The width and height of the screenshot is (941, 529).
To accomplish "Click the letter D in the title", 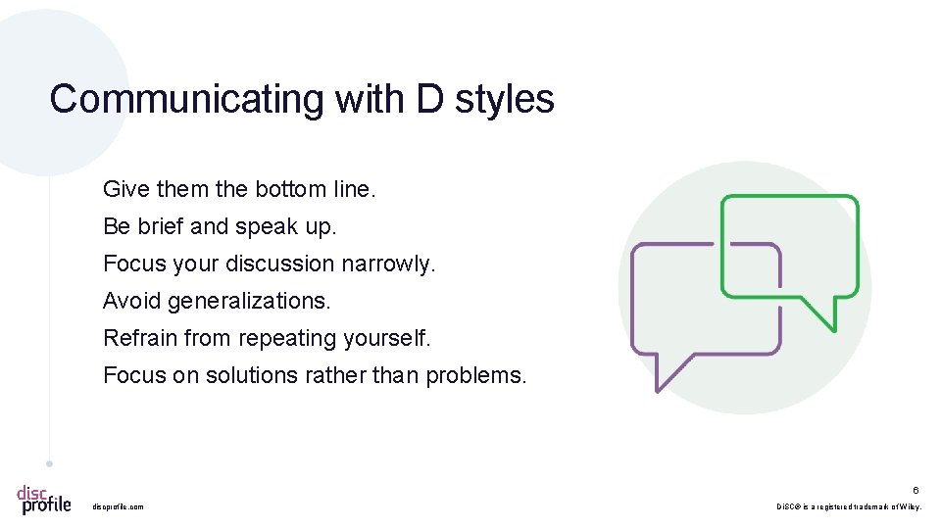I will point(429,99).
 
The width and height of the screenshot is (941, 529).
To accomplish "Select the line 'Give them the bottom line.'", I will point(239,189).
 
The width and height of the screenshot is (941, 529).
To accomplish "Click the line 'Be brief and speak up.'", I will point(220,226).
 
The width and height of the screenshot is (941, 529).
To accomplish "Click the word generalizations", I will point(249,301).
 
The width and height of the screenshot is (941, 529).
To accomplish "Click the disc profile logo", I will point(44,499).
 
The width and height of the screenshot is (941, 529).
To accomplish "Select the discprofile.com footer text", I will point(118,506).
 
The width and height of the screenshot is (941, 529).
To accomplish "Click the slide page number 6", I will point(916,490).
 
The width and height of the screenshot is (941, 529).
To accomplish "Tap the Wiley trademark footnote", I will point(849,506).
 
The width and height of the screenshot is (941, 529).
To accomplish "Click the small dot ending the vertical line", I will point(49,463).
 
